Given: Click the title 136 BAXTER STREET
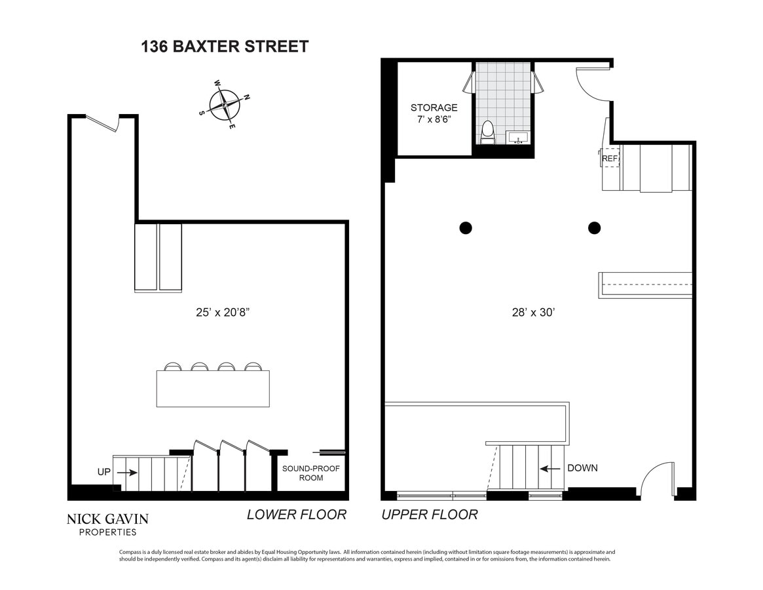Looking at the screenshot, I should (225, 47).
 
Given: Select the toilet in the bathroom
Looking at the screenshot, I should (487, 133).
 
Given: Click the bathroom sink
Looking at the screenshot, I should (518, 138).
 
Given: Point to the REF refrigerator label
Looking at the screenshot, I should (610, 158).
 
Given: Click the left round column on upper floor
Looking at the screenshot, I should (465, 228).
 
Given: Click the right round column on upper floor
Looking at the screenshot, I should (594, 228).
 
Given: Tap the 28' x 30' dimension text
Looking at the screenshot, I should (533, 313).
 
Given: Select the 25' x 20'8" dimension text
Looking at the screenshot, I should (218, 313).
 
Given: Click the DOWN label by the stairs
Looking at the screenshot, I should (582, 468).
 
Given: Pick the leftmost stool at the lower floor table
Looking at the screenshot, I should (173, 367).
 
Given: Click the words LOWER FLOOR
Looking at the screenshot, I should (296, 515).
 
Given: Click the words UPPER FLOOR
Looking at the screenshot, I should (430, 515).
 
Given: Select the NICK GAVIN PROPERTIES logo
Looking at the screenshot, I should (107, 524).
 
